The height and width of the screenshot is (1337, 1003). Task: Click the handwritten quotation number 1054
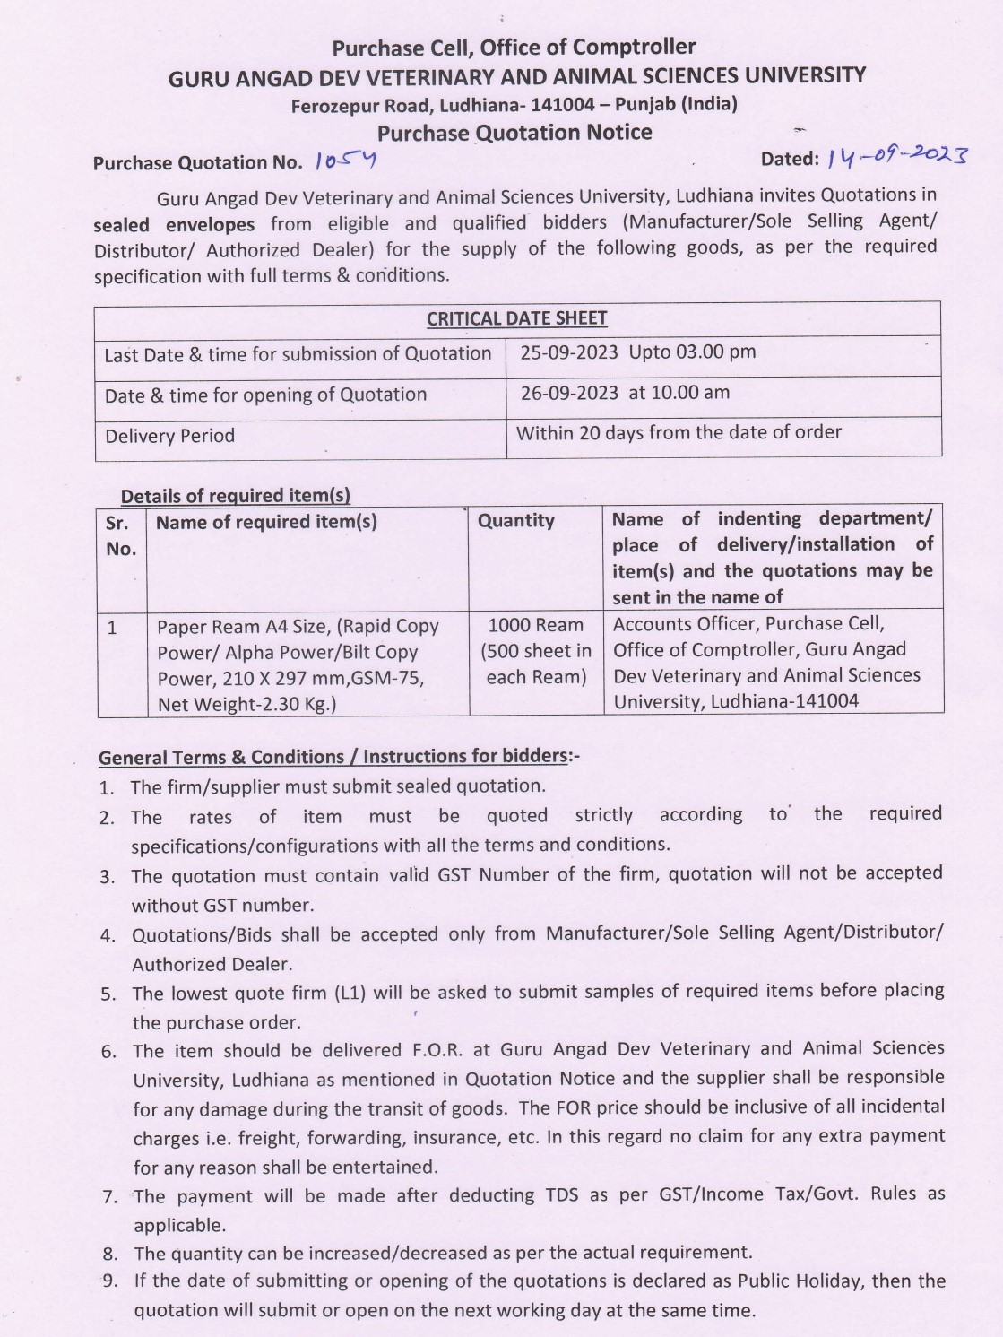(x=346, y=161)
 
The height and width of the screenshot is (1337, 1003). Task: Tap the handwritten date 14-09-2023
(x=897, y=158)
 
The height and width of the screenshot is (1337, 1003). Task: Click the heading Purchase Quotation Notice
(x=514, y=133)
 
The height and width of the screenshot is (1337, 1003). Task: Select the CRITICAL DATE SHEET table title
(x=517, y=318)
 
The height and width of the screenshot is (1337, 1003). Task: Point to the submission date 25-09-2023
(x=569, y=352)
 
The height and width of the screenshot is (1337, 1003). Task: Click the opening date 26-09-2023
(x=569, y=393)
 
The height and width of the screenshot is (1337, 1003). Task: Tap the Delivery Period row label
(x=170, y=436)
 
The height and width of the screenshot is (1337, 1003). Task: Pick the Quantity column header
(x=516, y=520)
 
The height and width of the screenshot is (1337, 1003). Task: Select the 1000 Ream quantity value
(x=536, y=625)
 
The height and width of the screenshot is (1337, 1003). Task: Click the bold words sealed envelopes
(x=174, y=224)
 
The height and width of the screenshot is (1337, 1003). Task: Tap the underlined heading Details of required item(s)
(x=236, y=496)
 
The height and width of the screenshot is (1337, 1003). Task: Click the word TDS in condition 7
(x=565, y=1195)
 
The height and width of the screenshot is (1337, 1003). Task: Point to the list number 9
(x=109, y=1281)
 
